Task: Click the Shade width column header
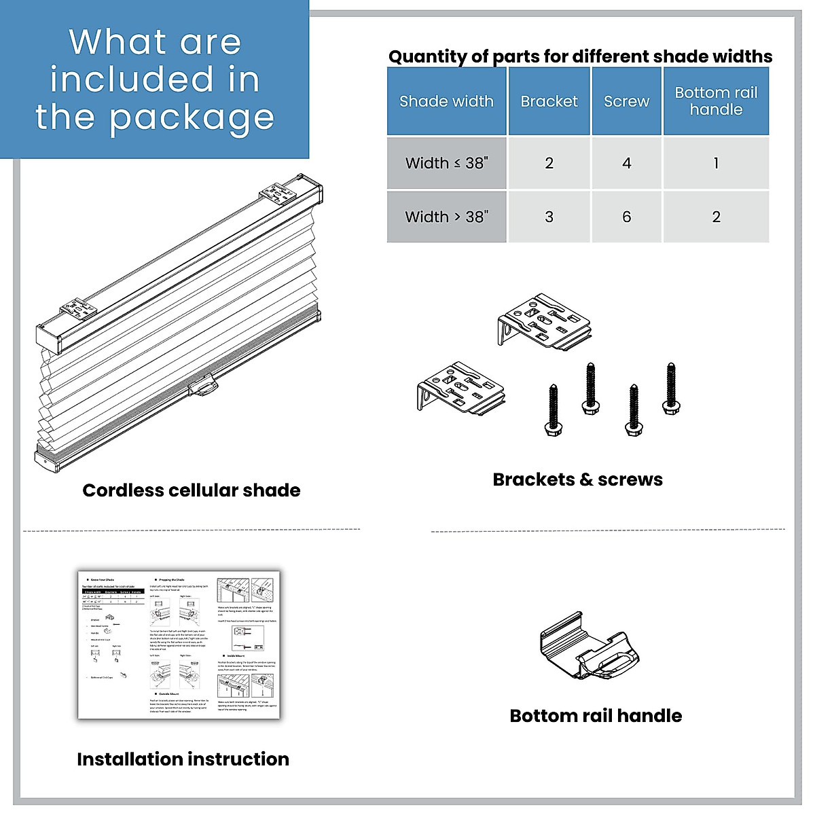point(446,101)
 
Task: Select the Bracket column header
point(549,101)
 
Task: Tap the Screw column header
point(626,101)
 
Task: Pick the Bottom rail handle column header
point(716,101)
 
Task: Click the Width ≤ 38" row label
point(446,163)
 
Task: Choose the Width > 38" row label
point(446,217)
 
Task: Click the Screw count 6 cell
point(626,217)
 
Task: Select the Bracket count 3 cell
point(549,217)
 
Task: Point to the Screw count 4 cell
point(626,163)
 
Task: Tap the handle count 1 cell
point(716,163)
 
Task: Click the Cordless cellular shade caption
point(192,490)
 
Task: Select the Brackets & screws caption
point(577,479)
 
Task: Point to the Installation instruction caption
point(183,759)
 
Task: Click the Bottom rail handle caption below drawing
point(596,716)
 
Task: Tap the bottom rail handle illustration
point(590,646)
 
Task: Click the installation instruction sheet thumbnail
point(179,644)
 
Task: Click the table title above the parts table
point(580,56)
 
